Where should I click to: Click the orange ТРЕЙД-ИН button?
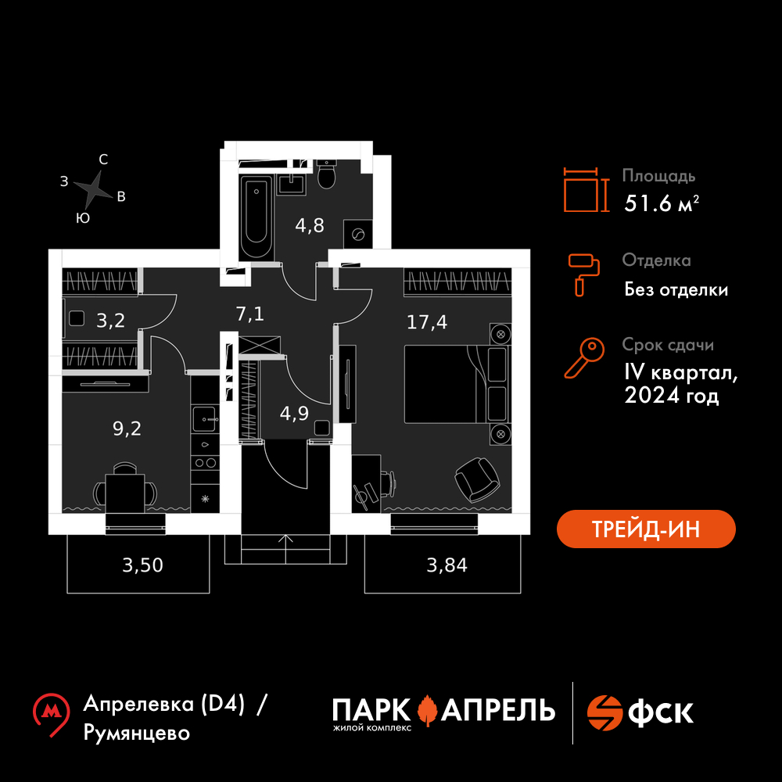coord(646,529)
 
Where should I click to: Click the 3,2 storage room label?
coord(110,320)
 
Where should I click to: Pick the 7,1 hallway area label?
coord(250,314)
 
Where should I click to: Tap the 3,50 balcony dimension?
coord(143,565)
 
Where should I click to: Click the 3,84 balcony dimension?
coord(447,565)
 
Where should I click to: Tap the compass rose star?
coord(94,188)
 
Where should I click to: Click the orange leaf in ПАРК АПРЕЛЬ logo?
coord(427,710)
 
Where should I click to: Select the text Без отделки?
coord(676,290)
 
